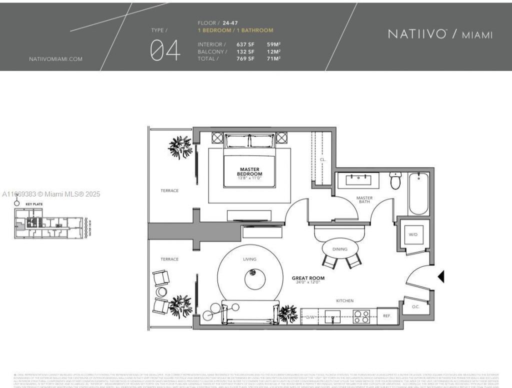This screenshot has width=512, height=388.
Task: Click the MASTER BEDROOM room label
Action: coord(249,171)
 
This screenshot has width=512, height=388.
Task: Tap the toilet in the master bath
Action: coord(395,180)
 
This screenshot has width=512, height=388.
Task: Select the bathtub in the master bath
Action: coord(419,193)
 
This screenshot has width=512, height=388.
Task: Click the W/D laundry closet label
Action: coord(413,234)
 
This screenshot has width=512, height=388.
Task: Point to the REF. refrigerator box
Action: coord(387,316)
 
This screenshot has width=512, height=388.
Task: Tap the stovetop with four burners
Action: coord(361,316)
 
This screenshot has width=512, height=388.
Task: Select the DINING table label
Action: coord(339,249)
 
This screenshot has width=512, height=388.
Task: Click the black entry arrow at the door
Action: coord(441,276)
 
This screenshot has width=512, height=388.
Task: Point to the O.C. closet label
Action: coord(415,306)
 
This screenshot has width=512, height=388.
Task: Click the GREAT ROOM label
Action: coord(308,278)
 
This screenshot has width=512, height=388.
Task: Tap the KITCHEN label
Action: coord(344,300)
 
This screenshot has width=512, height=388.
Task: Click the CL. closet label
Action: coord(323,159)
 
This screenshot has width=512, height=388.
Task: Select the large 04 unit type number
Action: coord(165,51)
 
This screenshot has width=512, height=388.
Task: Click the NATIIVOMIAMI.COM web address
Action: coord(55,59)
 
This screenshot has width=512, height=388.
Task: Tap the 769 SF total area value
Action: coord(245,58)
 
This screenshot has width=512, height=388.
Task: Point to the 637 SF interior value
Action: coord(245,44)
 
